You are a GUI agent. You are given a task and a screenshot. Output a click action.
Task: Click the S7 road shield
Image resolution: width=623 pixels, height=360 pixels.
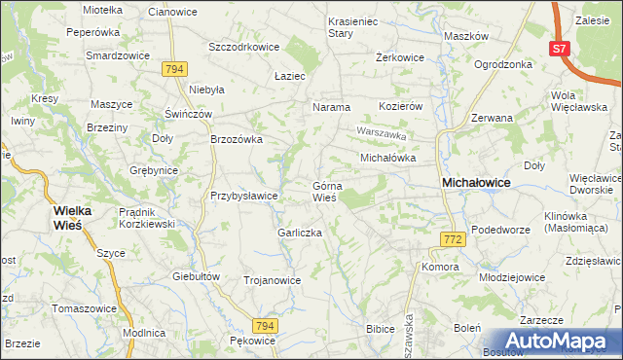(x=558, y=49)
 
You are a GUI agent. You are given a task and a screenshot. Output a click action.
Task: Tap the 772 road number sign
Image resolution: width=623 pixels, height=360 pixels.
(x=451, y=239)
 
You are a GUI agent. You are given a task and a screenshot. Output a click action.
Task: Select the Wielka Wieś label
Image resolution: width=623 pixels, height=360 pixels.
(x=79, y=216)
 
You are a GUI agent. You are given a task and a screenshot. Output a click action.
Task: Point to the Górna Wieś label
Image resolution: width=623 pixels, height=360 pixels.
(x=324, y=192)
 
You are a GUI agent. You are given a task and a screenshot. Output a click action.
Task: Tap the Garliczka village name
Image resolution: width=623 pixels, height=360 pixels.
(x=300, y=234)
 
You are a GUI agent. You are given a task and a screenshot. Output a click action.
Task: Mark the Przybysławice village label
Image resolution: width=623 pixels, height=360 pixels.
(x=245, y=196)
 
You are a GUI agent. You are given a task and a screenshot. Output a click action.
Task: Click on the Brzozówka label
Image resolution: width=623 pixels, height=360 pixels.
(x=238, y=139)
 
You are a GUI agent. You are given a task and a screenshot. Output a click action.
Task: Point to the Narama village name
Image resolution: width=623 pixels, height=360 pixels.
(x=331, y=107)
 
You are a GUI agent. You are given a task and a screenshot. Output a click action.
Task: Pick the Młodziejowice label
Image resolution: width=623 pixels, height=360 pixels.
(x=511, y=277)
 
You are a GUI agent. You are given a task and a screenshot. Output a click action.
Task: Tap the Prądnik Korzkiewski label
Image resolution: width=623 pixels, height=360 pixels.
(x=145, y=217)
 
